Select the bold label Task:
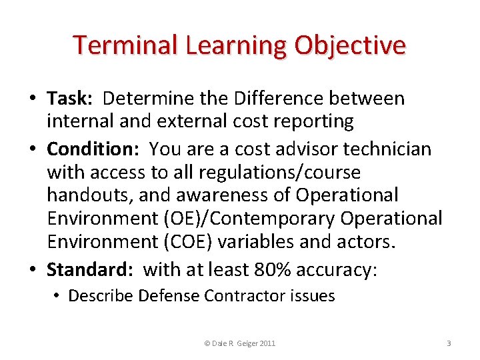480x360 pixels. tap(70, 99)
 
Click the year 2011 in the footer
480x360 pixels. tap(265, 343)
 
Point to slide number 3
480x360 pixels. tap(449, 343)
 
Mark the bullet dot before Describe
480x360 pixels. tap(59, 295)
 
